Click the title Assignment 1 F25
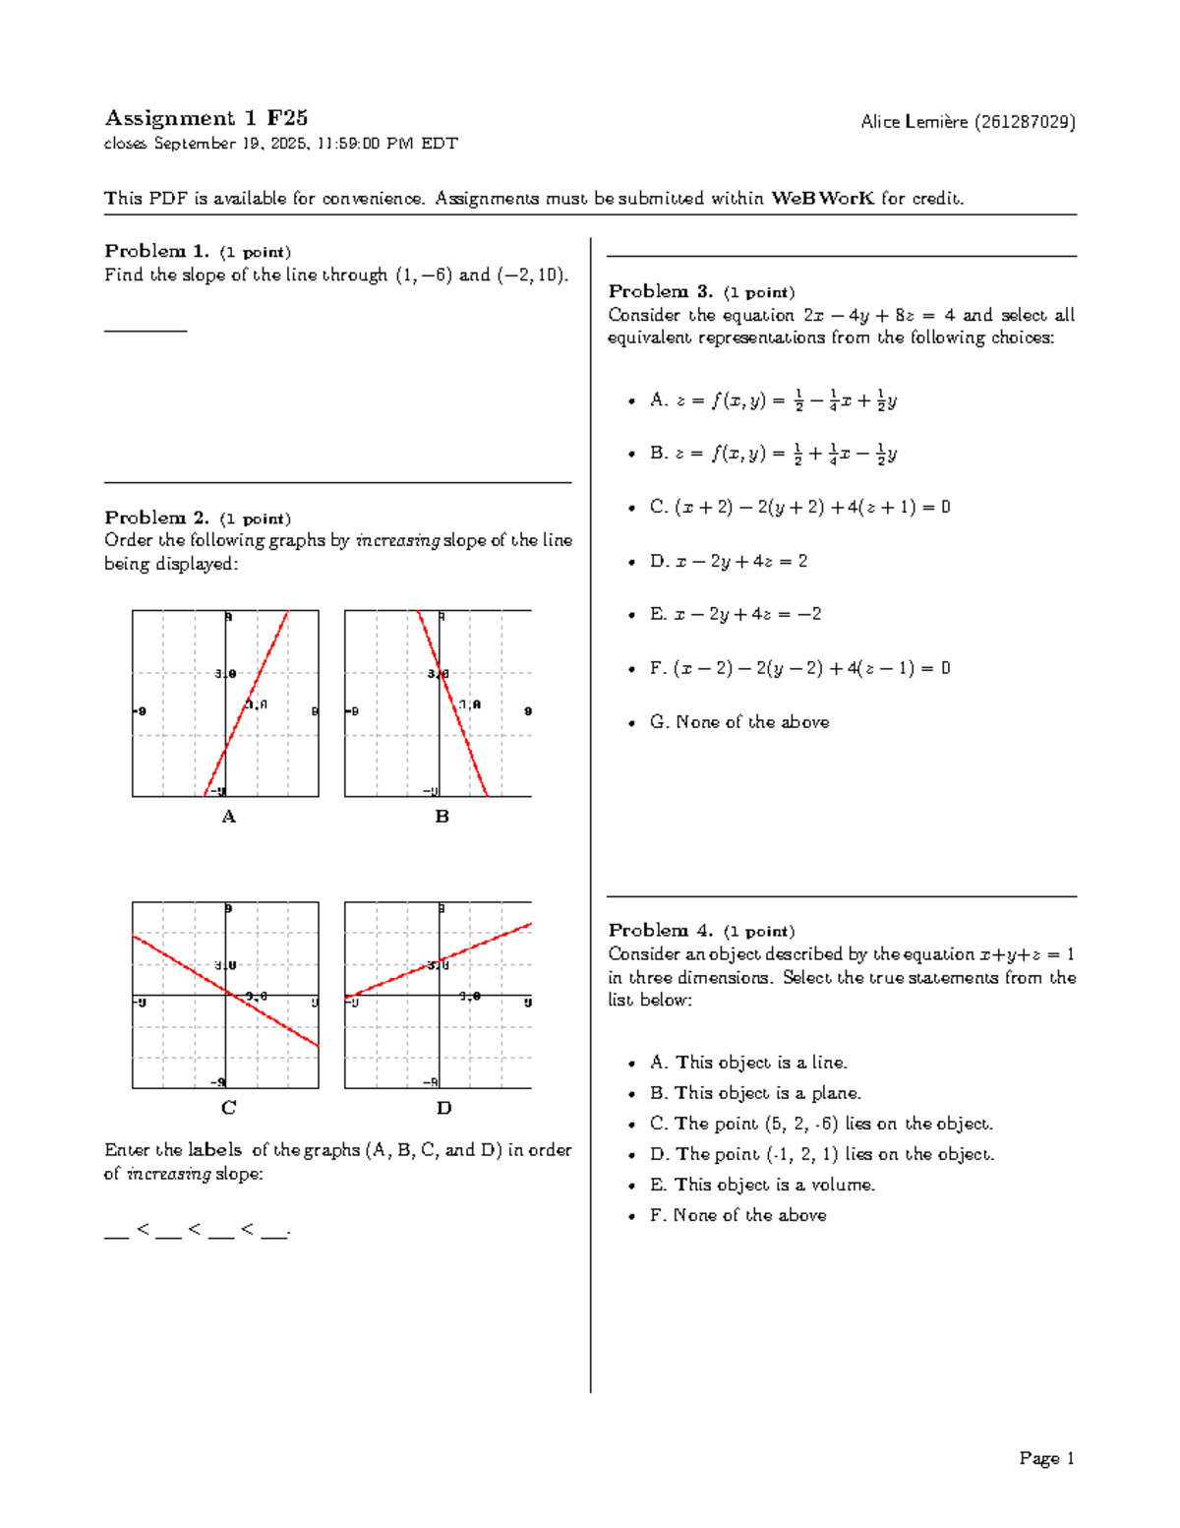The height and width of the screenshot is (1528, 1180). (206, 119)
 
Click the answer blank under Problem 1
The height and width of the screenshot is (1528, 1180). (145, 328)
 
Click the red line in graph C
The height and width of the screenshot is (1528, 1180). (226, 993)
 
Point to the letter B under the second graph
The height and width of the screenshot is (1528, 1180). (442, 817)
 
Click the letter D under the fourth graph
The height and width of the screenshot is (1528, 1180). (443, 1109)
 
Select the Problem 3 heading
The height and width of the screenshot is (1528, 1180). (660, 291)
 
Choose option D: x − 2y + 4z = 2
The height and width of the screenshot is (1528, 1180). (729, 561)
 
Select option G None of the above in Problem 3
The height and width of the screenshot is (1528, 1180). (739, 722)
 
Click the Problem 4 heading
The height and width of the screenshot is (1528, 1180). (660, 930)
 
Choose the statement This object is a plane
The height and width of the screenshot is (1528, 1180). (755, 1093)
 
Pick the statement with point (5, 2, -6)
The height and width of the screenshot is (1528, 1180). (821, 1124)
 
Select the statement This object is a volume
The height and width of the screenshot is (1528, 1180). (762, 1185)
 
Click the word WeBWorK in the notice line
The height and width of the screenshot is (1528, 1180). (822, 199)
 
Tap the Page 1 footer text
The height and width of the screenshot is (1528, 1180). (1046, 1458)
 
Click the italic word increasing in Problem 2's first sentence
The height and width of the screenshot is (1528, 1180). (396, 540)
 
